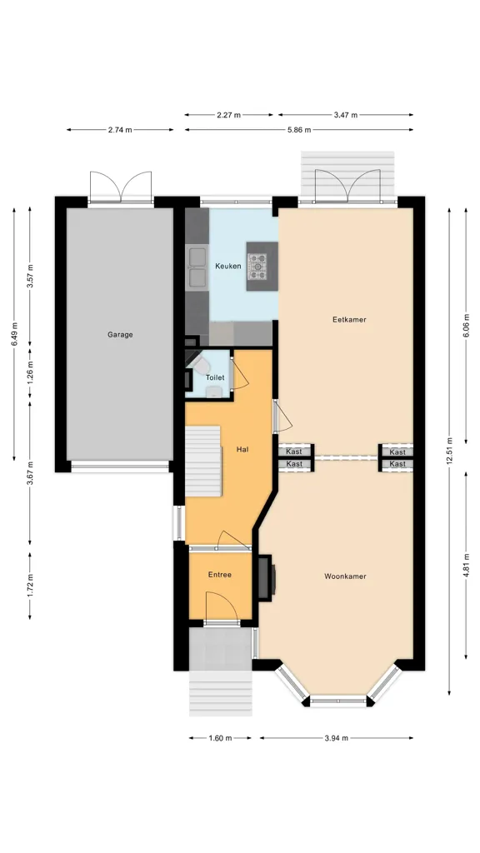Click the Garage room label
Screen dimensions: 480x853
(x=120, y=335)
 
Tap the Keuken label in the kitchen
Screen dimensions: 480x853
(x=228, y=266)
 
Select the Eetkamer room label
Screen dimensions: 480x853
(x=349, y=319)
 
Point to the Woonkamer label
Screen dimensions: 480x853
(x=345, y=576)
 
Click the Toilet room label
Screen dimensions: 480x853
(x=215, y=377)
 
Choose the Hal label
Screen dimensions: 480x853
(x=242, y=449)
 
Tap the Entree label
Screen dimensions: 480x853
(x=220, y=575)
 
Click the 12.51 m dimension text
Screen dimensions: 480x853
(x=449, y=451)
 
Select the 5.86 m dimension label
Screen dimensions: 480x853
(x=299, y=129)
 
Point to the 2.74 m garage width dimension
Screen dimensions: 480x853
(x=120, y=129)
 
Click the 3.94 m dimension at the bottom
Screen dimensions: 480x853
(x=337, y=738)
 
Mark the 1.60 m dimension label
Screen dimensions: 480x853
(x=220, y=738)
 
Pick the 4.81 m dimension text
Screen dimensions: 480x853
(x=466, y=566)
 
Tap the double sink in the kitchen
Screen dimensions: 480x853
(x=197, y=267)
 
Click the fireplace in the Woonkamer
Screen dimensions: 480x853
(x=266, y=578)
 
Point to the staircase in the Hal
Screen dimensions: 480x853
(x=203, y=461)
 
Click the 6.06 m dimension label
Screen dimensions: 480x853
(x=466, y=326)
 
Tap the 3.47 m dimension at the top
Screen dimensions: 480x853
(x=346, y=115)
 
